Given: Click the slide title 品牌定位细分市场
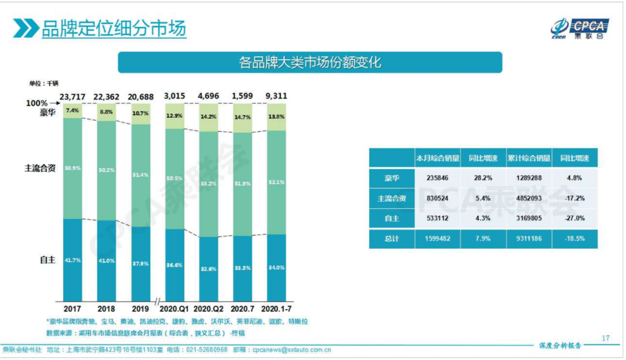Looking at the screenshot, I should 114,28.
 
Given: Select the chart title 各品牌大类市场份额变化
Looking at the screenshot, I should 310,62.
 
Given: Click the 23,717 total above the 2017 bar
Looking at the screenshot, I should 72,96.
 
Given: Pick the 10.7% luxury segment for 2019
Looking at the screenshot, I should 141,114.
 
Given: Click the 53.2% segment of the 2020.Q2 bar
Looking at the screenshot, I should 209,184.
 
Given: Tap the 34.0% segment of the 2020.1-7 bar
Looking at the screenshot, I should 277,267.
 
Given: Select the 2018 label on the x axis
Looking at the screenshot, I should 107,308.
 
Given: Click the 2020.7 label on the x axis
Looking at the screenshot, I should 243,308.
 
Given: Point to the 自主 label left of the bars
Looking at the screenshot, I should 48,260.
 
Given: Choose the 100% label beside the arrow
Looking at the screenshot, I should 37,103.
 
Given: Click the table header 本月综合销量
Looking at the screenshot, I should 438,158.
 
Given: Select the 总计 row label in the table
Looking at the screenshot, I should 392,239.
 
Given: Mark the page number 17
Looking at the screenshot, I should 606,338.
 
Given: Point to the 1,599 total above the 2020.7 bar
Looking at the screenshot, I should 243,96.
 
